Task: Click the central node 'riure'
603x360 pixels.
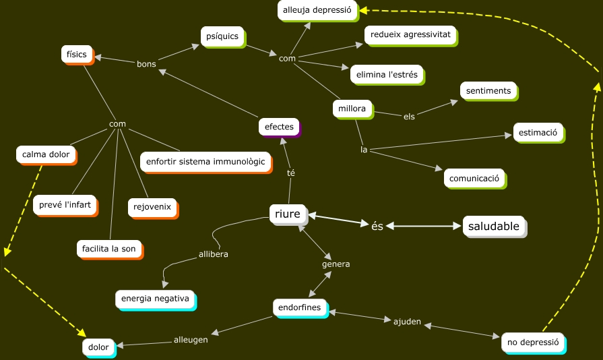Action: pyautogui.click(x=288, y=214)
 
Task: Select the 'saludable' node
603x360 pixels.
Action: pyautogui.click(x=494, y=227)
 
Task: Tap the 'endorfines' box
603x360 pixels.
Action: pyautogui.click(x=300, y=307)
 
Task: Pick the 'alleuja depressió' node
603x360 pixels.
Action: pyautogui.click(x=317, y=10)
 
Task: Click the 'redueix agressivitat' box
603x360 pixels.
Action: pyautogui.click(x=410, y=33)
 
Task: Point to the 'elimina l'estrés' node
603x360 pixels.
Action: pyautogui.click(x=385, y=74)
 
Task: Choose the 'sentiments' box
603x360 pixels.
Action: pyautogui.click(x=488, y=90)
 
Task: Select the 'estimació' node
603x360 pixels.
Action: pyautogui.click(x=538, y=133)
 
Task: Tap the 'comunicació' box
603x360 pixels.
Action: pyautogui.click(x=474, y=178)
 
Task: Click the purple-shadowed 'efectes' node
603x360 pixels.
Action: pyautogui.click(x=279, y=127)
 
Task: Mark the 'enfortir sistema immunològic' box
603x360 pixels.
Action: pyautogui.click(x=205, y=162)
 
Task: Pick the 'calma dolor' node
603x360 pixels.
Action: pyautogui.click(x=46, y=154)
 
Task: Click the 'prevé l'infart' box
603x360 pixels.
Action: pyautogui.click(x=65, y=204)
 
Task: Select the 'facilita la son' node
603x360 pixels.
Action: pyautogui.click(x=108, y=248)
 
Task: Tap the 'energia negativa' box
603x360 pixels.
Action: pyautogui.click(x=154, y=298)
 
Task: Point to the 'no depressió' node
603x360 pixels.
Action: pyautogui.click(x=533, y=342)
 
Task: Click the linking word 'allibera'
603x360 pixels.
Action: pyautogui.click(x=214, y=254)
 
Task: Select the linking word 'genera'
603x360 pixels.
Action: pyautogui.click(x=336, y=264)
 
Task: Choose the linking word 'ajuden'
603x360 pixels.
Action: pyautogui.click(x=407, y=321)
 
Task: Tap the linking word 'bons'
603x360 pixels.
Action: pyautogui.click(x=146, y=64)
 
